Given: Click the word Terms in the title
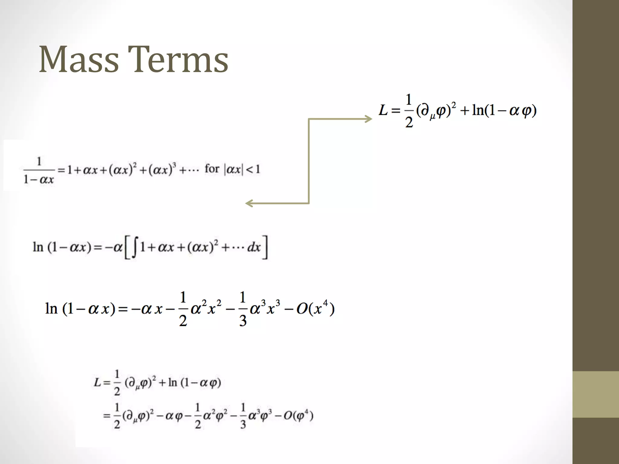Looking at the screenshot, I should coord(178,60).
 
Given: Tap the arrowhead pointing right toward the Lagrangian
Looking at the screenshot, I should coord(368,119).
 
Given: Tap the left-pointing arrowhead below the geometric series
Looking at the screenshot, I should coord(249,203).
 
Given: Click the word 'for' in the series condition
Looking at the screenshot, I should coord(212,169).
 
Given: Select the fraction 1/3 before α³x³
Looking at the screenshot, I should coord(243,309).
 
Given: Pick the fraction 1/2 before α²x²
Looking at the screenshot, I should coord(183,309).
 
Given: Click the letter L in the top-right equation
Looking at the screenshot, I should coord(383,110).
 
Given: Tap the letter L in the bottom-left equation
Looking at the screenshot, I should coord(97,383).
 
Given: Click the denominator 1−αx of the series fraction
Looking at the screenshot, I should coord(39,180).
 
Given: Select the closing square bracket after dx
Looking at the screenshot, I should coord(265,247).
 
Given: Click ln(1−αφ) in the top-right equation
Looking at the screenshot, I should coord(504,110).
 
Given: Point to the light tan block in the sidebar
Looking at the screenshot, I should coord(596,394).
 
